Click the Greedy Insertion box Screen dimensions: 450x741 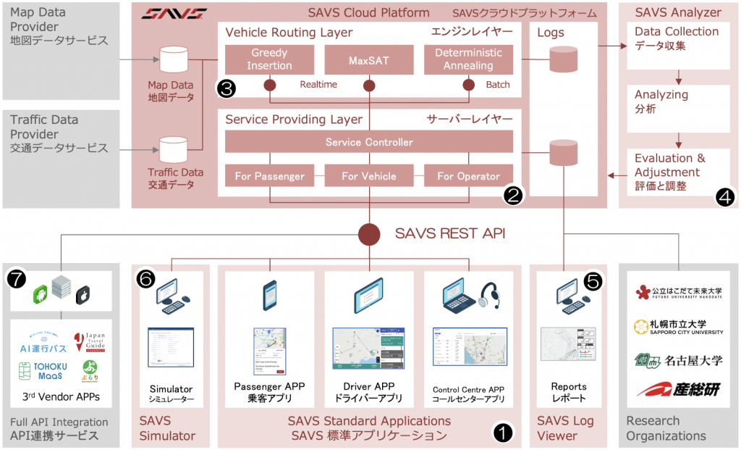coord(269,59)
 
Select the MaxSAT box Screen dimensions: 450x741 coord(368,59)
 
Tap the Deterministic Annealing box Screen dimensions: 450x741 coord(468,59)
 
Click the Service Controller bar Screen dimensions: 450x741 coord(368,142)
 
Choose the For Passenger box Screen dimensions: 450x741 coord(269,176)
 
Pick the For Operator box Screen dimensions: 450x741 coord(468,176)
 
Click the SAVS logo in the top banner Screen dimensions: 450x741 coord(174,13)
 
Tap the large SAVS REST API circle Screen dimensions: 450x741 coord(369,234)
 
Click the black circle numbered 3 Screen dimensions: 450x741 coord(226,88)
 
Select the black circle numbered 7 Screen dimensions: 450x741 coord(17,278)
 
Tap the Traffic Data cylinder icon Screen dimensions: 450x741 coord(173,149)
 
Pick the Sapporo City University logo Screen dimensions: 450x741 coord(678,327)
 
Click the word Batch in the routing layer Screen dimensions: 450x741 coord(499,85)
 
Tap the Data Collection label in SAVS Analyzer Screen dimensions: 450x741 coord(677,38)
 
